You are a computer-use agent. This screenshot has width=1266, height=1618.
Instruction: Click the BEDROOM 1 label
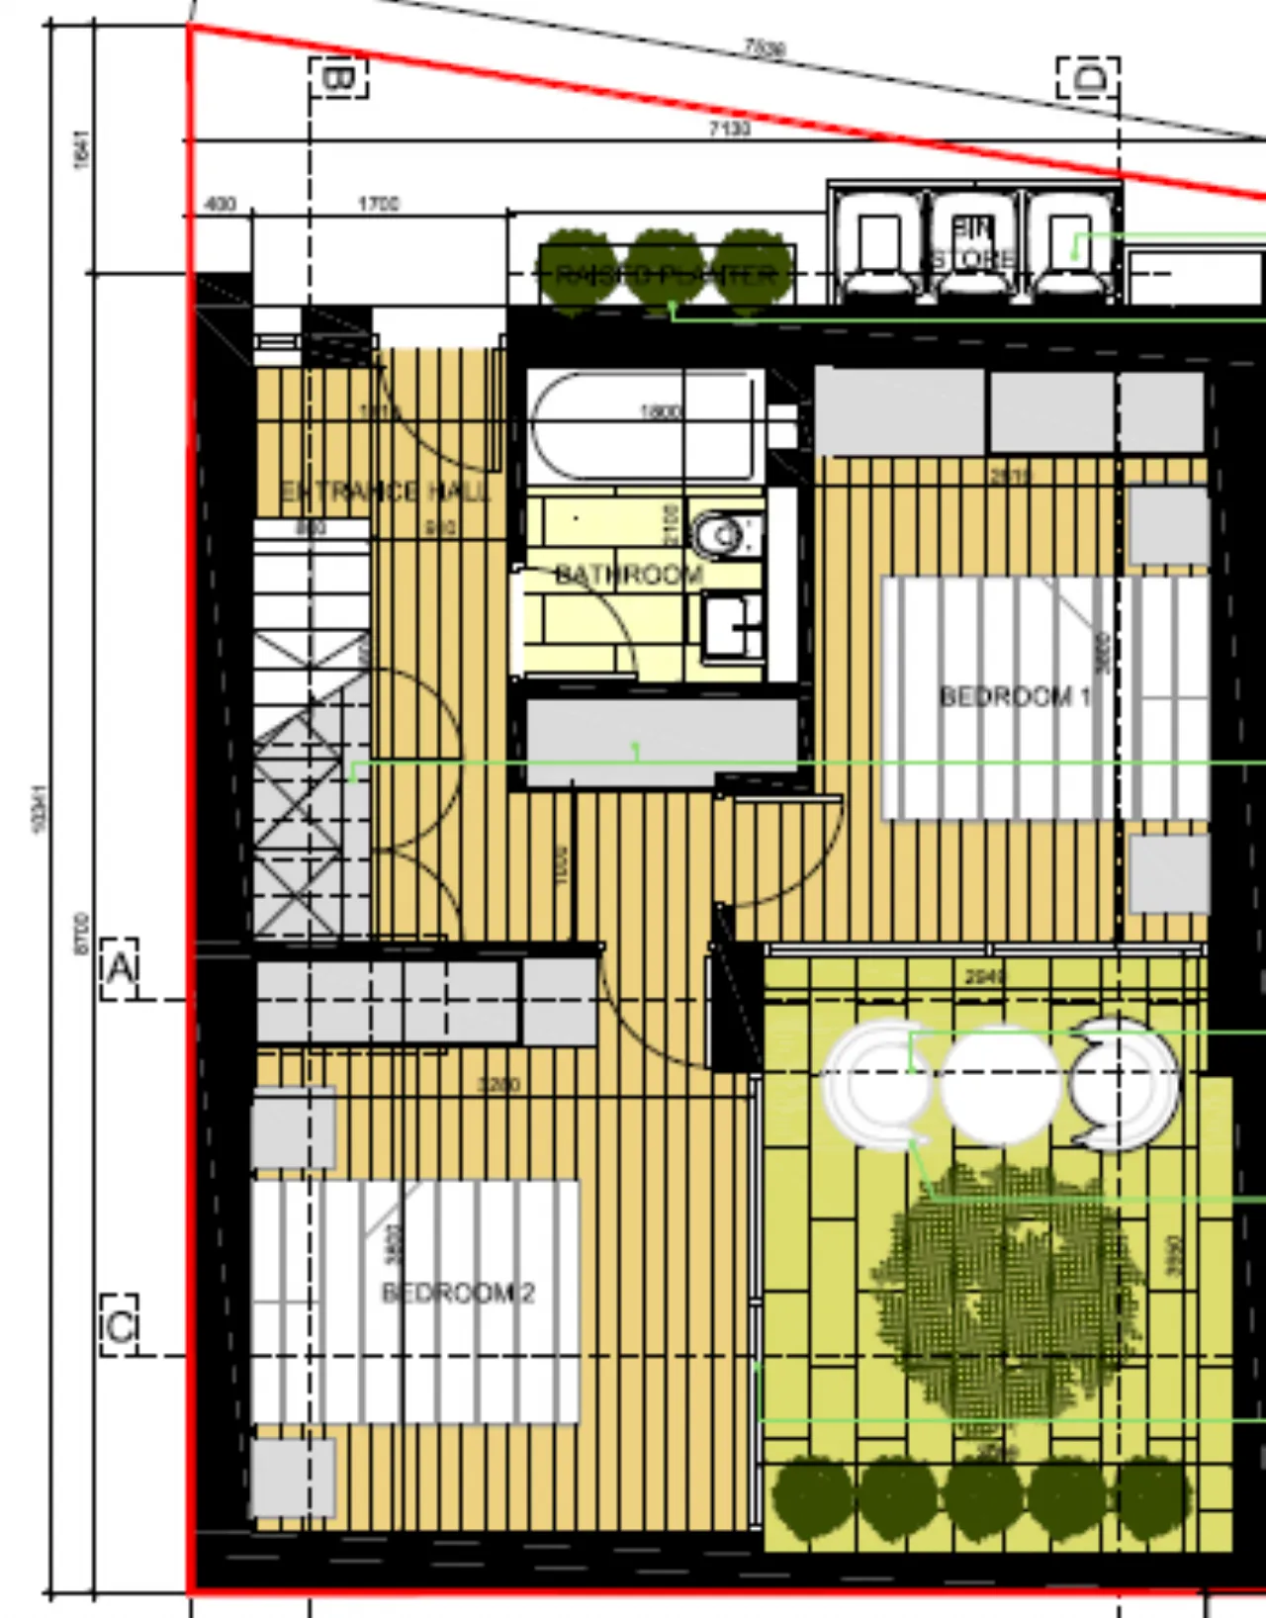pos(1015,696)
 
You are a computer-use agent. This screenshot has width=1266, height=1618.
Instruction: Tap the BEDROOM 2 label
pos(458,1293)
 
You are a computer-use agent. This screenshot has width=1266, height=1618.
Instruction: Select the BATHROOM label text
pos(629,575)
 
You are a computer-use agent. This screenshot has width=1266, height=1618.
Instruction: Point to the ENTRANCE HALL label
pos(385,492)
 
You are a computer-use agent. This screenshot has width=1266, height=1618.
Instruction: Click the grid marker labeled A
pos(120,968)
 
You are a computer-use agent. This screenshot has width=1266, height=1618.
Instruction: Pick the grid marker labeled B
pos(338,77)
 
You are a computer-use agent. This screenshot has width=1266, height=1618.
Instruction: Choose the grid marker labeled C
pos(120,1325)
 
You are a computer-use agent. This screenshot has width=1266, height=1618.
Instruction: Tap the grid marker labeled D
pos(1088,77)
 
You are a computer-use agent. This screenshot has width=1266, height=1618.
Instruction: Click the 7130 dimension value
pos(729,128)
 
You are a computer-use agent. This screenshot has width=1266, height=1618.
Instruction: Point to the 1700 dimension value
pos(378,204)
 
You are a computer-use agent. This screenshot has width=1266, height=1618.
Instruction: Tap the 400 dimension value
pos(220,204)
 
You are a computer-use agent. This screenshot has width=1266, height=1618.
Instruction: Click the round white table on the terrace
pos(999,1084)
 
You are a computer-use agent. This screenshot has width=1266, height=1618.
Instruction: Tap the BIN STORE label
pos(973,243)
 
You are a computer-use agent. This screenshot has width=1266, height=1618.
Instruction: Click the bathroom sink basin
pos(733,625)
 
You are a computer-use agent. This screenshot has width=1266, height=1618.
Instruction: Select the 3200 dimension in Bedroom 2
pos(498,1084)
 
